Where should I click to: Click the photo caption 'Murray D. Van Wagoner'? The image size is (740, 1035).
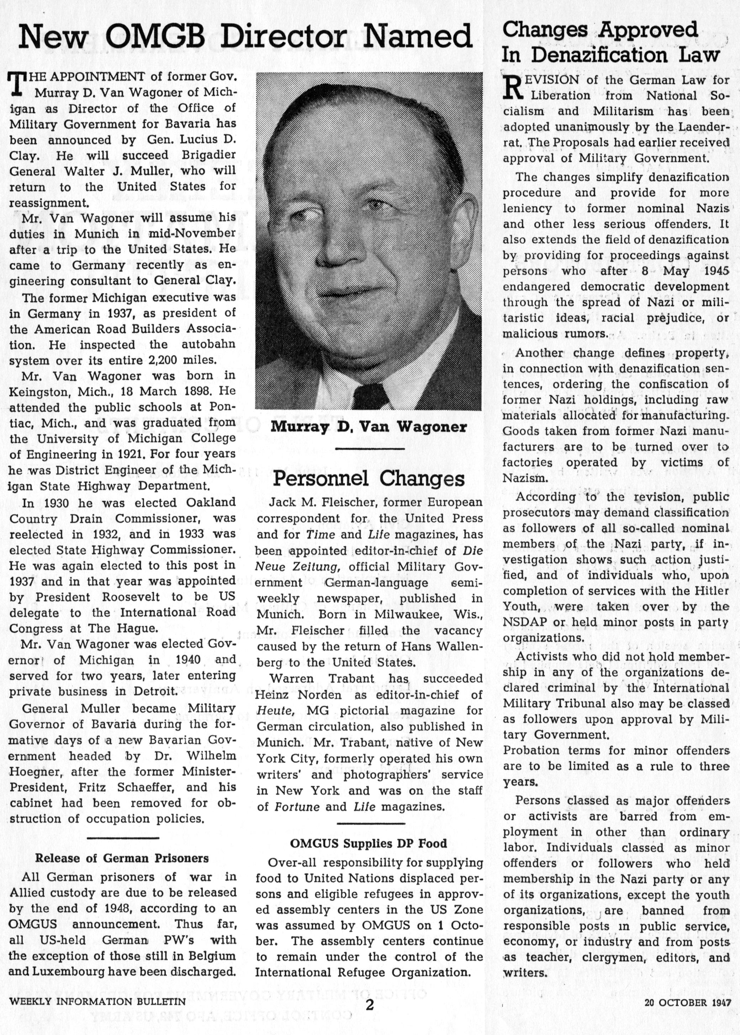tap(369, 427)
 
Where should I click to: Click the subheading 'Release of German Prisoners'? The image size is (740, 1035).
tap(122, 858)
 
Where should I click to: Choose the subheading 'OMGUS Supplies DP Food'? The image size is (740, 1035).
tap(369, 843)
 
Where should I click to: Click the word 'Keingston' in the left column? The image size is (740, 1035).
tap(39, 392)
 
